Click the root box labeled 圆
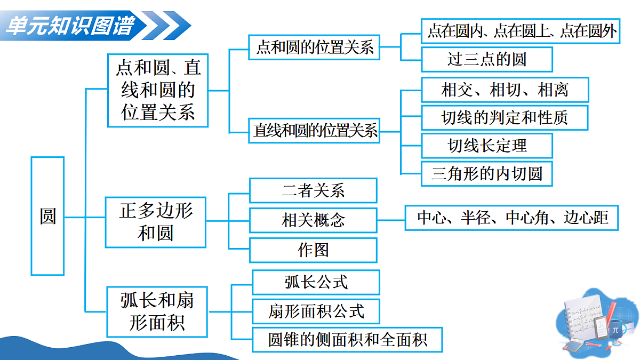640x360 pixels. click(x=47, y=216)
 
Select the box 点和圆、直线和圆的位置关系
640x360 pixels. click(x=158, y=90)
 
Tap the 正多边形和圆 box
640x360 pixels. click(x=156, y=222)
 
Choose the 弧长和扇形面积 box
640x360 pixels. click(x=157, y=312)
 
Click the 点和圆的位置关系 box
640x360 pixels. click(x=314, y=47)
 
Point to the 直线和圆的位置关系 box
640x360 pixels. click(x=315, y=131)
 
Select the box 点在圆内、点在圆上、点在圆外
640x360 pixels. click(x=522, y=32)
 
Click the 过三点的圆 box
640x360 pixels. click(x=486, y=59)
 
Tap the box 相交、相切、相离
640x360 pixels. click(x=505, y=90)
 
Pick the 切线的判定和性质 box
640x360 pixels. click(x=505, y=118)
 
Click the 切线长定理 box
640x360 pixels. click(x=486, y=146)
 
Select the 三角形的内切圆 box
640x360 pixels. click(x=486, y=173)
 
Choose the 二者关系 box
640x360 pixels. click(x=313, y=190)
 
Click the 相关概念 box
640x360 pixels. click(x=313, y=220)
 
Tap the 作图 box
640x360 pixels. click(x=313, y=250)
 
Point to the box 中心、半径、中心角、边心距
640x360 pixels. click(x=511, y=218)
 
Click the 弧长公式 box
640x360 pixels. click(x=316, y=282)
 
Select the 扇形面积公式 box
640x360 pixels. click(x=316, y=311)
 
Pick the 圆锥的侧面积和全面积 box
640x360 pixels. click(x=347, y=339)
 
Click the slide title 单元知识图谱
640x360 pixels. click(x=69, y=25)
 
